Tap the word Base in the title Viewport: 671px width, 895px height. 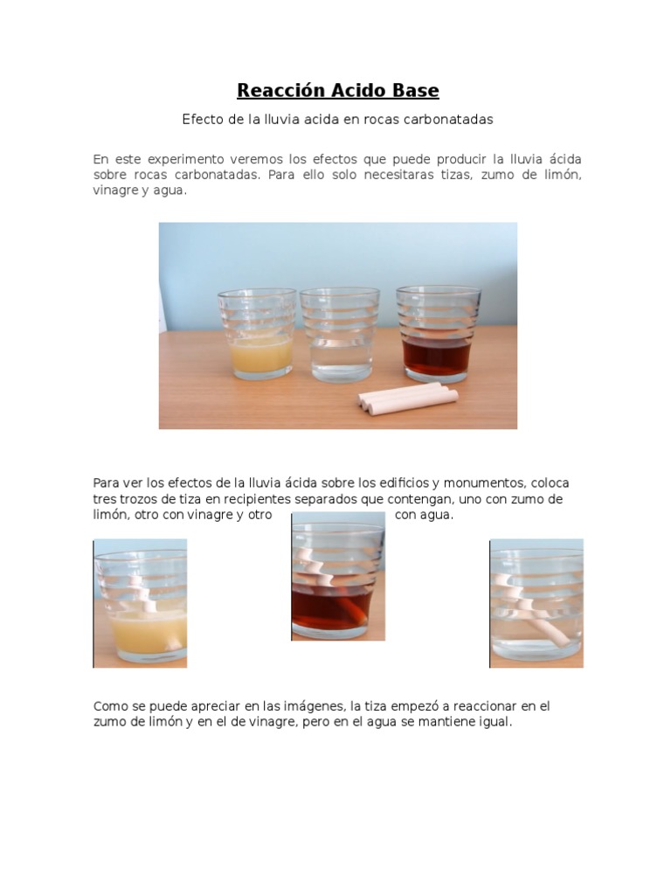pyautogui.click(x=416, y=91)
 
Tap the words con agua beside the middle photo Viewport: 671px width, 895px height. pyautogui.click(x=425, y=515)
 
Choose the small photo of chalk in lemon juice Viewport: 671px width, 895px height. pyautogui.click(x=140, y=603)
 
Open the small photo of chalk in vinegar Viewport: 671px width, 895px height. pyautogui.click(x=338, y=577)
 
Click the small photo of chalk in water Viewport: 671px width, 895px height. pyautogui.click(x=536, y=603)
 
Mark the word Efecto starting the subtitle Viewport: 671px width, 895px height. pyautogui.click(x=202, y=120)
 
